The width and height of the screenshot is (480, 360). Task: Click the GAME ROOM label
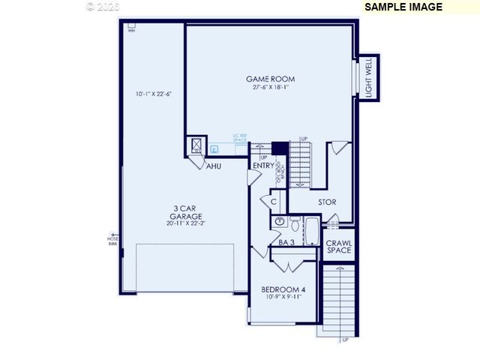point(270,79)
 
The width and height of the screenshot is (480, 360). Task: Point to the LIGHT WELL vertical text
point(368,79)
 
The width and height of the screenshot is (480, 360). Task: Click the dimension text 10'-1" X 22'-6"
point(153,94)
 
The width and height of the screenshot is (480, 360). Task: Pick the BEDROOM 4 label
point(283,289)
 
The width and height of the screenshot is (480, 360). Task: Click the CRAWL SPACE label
point(338,246)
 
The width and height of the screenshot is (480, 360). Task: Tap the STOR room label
point(326,202)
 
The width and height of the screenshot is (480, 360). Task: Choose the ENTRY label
point(263,166)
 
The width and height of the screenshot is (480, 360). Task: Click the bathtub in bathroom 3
point(311,230)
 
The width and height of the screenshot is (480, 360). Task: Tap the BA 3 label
point(286,242)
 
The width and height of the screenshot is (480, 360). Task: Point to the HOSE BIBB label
point(113,239)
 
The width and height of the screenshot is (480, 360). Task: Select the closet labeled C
point(274,202)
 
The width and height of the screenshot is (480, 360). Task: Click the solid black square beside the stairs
point(280,148)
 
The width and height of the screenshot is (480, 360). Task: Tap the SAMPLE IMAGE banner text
point(403,7)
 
